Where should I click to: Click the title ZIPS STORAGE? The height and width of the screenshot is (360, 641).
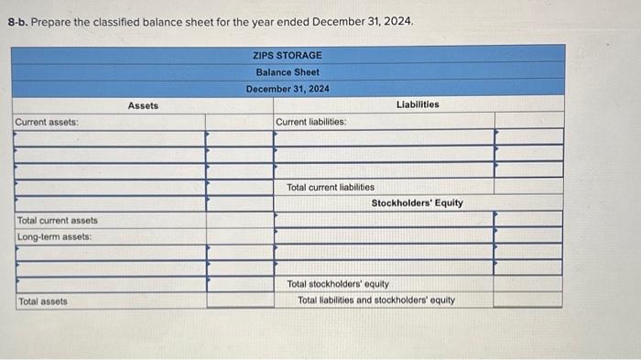(x=288, y=55)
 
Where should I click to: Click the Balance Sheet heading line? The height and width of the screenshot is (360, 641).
(x=288, y=71)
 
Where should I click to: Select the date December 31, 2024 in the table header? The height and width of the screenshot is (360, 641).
(x=288, y=88)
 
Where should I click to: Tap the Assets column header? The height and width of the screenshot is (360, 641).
(x=143, y=105)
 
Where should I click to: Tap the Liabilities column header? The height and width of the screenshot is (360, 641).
(x=418, y=104)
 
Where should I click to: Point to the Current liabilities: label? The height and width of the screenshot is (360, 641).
(x=310, y=122)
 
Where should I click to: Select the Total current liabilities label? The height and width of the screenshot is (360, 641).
(x=331, y=187)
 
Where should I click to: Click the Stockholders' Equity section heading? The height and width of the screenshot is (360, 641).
(x=417, y=202)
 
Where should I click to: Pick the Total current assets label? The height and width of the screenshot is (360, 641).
(x=58, y=220)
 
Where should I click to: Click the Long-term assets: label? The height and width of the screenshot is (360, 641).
(x=54, y=236)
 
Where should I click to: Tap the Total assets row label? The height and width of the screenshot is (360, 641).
(x=42, y=300)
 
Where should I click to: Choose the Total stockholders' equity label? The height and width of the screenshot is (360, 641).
(x=338, y=284)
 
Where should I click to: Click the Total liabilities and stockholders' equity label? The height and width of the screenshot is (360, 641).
(x=376, y=300)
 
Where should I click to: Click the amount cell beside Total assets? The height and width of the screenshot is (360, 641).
(x=239, y=300)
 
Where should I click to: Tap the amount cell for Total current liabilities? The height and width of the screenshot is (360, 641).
(x=528, y=187)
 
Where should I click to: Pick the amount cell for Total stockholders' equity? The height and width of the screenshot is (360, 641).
(x=528, y=284)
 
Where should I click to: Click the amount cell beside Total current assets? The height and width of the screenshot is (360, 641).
(x=239, y=220)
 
